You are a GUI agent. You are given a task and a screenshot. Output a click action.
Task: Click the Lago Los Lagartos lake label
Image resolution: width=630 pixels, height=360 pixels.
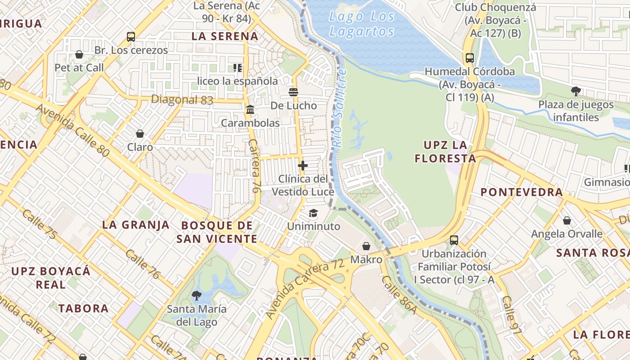362,24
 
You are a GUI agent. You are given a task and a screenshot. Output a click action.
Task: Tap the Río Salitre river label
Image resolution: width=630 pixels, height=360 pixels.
338,108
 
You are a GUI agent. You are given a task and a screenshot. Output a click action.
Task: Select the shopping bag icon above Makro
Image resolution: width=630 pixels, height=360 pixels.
366,246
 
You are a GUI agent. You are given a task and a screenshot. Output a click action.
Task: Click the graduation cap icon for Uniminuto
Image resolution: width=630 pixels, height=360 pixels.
313,213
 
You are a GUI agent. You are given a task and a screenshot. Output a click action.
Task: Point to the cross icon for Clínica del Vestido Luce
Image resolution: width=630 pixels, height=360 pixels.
303,166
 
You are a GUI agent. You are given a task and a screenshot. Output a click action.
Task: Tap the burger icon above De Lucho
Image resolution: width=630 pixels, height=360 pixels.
293,92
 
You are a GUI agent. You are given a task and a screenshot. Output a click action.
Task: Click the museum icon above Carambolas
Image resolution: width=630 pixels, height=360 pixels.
250,109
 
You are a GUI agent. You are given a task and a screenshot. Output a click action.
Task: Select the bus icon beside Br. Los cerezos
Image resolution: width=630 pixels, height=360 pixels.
131,37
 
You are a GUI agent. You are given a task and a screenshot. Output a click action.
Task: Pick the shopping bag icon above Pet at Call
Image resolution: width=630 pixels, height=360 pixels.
79,54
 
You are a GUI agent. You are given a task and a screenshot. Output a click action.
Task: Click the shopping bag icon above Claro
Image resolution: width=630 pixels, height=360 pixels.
140,134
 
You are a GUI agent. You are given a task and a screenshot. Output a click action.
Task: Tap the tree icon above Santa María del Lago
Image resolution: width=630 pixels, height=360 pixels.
196,296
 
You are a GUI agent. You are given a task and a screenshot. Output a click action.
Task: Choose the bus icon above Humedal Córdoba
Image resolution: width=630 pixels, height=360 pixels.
470,58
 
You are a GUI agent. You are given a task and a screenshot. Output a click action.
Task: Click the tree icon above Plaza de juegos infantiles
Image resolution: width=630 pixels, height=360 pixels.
576,91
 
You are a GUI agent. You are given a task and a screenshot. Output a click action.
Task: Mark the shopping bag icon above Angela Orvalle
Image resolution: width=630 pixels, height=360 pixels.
567,220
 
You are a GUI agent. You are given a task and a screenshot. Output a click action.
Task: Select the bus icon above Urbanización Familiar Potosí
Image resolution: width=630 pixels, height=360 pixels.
454,240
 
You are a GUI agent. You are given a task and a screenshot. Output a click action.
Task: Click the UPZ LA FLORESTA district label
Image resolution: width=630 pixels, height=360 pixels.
445,152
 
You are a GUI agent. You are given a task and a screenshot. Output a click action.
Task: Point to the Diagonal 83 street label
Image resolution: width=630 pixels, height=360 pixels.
182,99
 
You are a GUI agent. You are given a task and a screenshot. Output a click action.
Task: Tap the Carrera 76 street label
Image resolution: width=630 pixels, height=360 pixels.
254,166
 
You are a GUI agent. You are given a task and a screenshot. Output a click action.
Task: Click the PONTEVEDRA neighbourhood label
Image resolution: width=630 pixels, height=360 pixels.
522,192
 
